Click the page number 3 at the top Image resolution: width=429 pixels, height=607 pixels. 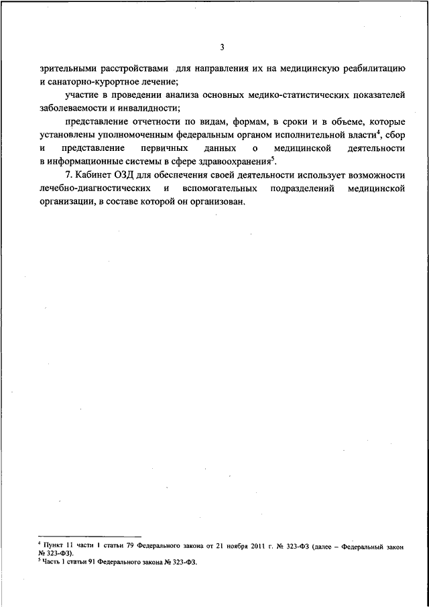[x=221, y=47]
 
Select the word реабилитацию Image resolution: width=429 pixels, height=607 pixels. [x=372, y=69]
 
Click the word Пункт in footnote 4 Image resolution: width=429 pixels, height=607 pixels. [x=56, y=548]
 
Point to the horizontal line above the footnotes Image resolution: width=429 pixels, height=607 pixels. [x=90, y=537]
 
